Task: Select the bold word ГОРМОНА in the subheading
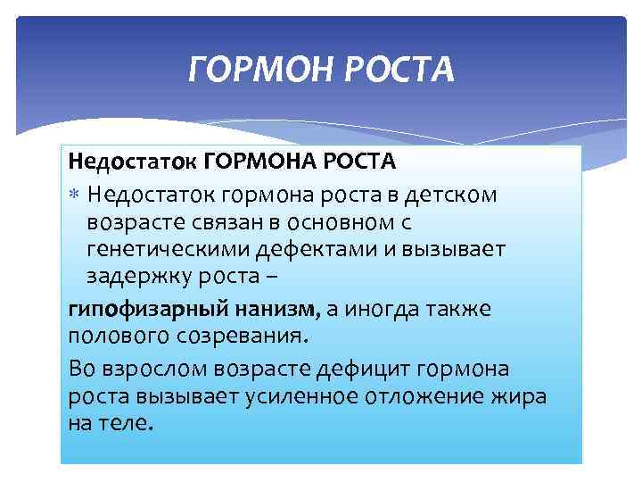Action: point(265,163)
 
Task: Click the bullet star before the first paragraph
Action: point(74,193)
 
